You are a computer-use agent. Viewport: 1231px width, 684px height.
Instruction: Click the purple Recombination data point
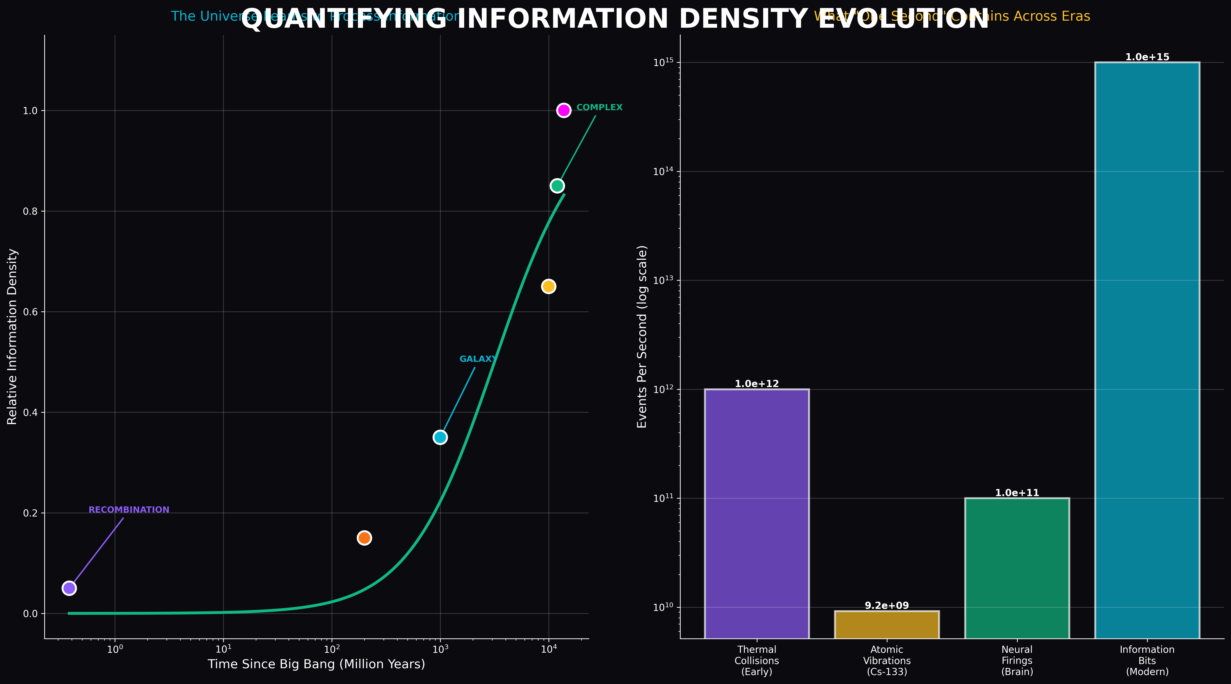69,588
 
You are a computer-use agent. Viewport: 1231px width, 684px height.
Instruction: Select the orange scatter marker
364,538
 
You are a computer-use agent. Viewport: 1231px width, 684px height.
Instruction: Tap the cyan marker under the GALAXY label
440,437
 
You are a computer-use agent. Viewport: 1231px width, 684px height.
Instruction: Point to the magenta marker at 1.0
564,110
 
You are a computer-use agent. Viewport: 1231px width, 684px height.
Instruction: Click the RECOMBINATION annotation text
129,510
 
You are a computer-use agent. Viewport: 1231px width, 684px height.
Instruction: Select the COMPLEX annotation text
599,107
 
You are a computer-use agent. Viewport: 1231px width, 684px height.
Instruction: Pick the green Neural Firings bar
1017,569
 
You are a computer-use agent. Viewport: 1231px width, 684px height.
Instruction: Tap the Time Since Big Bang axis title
316,664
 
